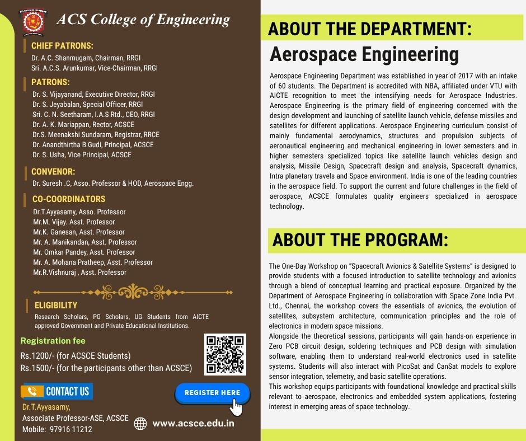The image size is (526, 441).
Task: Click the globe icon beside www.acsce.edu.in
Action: pos(140,424)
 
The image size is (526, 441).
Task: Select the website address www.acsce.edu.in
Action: pos(193,423)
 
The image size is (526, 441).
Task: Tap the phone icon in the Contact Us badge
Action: pos(32,391)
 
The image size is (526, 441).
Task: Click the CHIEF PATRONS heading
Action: pos(62,46)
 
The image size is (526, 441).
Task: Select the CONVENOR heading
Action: pos(53,172)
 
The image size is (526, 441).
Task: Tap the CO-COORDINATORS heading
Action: pos(69,199)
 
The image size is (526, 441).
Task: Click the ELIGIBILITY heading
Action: pos(56,305)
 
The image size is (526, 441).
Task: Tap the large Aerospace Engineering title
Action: pos(364,55)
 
